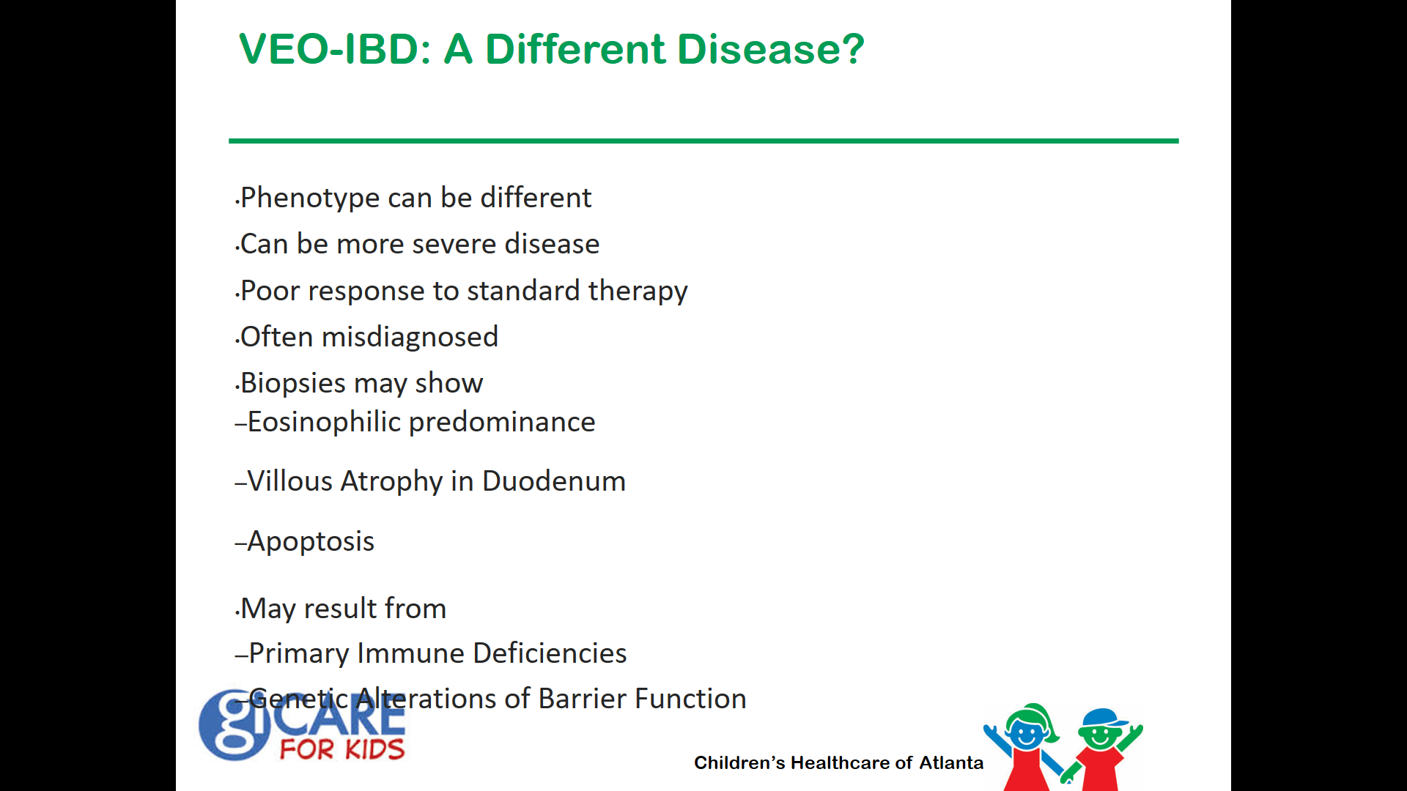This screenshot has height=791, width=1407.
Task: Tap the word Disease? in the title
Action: (x=770, y=49)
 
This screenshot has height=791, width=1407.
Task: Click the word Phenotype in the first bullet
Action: (x=310, y=198)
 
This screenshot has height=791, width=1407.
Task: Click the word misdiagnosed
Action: (x=410, y=338)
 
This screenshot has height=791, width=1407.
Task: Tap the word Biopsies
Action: (x=293, y=384)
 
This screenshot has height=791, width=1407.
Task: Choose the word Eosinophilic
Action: (x=324, y=423)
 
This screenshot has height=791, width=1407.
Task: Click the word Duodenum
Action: (x=554, y=481)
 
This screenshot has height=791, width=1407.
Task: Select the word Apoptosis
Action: (x=311, y=542)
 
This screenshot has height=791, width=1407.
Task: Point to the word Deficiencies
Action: (x=550, y=653)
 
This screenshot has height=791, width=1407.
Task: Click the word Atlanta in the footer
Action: (x=951, y=762)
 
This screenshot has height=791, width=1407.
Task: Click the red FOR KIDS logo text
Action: (x=342, y=749)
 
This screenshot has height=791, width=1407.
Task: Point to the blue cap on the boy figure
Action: (x=1103, y=718)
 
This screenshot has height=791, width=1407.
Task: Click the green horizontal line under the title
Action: (x=703, y=141)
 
